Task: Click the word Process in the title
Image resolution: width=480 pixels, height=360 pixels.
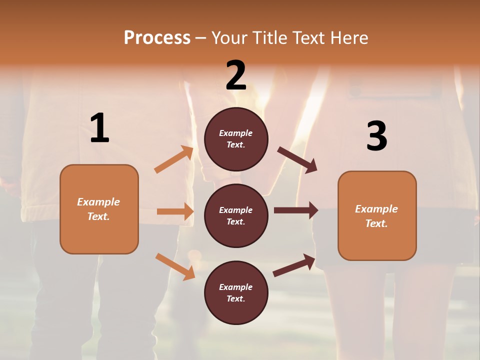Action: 157,38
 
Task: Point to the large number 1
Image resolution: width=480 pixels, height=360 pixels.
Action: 99,129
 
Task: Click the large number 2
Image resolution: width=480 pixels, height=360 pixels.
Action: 236,76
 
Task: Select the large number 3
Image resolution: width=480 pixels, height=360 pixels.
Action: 376,136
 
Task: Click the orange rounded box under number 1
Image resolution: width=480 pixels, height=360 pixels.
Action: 99,209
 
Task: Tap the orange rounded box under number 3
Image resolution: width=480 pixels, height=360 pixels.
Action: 377,215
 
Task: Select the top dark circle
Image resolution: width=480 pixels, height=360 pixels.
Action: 236,139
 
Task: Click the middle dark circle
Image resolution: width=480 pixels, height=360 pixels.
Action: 236,215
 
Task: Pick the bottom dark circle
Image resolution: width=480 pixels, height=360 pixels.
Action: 236,292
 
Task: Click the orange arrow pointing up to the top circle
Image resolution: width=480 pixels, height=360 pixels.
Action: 174,159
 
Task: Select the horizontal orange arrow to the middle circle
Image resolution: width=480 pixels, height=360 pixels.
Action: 175,211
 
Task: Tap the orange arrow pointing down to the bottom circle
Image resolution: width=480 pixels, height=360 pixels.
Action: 175,266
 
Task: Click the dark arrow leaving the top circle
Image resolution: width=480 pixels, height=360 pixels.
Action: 297,160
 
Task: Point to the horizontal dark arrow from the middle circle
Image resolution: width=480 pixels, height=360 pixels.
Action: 296,210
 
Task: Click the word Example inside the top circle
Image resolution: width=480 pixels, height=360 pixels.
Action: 236,133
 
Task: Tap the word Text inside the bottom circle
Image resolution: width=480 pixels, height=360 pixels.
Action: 235,298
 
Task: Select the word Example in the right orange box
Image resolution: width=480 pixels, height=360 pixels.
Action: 376,209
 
